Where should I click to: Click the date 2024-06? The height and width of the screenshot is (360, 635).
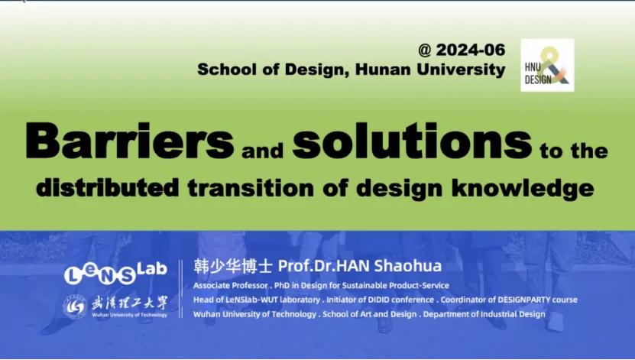click(471, 50)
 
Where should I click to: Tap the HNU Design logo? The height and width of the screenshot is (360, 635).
click(547, 65)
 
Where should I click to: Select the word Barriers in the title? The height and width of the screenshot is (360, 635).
click(130, 141)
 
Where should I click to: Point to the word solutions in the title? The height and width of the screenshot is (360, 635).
click(413, 141)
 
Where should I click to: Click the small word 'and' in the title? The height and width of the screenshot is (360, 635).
click(262, 151)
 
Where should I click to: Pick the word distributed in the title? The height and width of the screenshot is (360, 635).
click(107, 187)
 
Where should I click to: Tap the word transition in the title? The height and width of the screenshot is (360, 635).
click(251, 188)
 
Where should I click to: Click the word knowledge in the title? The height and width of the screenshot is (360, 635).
click(523, 188)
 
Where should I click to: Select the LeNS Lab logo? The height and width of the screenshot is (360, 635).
click(116, 273)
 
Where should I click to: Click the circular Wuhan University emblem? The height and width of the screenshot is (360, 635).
click(75, 306)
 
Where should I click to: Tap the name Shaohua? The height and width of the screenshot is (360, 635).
click(408, 266)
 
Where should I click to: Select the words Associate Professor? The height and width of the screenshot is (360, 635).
click(231, 286)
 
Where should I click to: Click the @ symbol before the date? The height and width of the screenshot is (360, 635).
click(425, 50)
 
